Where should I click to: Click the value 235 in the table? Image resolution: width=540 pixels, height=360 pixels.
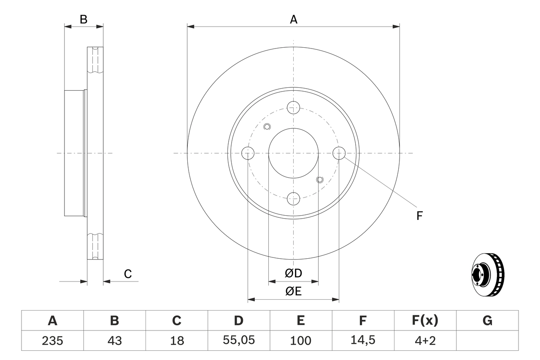tap(52, 341)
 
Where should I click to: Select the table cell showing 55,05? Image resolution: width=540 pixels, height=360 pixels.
tap(239, 341)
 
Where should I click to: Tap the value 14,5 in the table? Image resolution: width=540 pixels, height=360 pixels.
tap(363, 341)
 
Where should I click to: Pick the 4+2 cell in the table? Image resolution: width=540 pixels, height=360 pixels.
tap(425, 341)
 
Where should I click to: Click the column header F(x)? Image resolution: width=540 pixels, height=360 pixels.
tap(425, 321)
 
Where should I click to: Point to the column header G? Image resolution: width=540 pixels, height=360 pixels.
tap(487, 321)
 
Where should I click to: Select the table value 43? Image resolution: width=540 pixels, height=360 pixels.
tap(114, 341)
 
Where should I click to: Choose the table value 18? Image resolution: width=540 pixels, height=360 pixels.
tap(177, 341)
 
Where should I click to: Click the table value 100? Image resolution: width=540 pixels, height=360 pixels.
tap(301, 341)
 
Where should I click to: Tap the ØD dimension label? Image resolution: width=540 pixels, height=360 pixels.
tap(294, 273)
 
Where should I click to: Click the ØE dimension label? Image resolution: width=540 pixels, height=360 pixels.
tap(294, 292)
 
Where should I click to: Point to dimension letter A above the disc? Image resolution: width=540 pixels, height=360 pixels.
tap(294, 19)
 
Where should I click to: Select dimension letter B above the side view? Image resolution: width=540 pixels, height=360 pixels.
tap(84, 19)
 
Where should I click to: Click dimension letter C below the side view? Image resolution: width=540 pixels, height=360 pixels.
tap(128, 274)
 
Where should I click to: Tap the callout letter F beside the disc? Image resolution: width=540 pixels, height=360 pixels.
tap(419, 216)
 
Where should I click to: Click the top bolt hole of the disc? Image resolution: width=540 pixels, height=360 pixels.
tap(294, 108)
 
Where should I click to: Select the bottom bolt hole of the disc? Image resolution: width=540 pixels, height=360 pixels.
tap(294, 198)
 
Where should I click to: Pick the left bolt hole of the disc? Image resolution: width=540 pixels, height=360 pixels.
tap(248, 153)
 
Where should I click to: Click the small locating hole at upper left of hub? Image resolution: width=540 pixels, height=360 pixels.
tap(267, 127)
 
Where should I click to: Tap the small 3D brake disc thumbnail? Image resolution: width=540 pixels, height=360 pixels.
tap(487, 274)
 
